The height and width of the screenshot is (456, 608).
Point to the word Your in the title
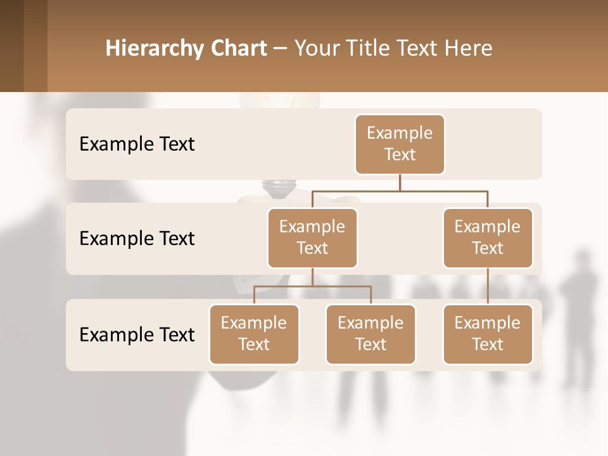pyautogui.click(x=318, y=48)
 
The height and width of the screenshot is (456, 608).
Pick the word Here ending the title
pyautogui.click(x=469, y=48)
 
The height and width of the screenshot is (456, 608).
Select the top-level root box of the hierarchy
pyautogui.click(x=400, y=144)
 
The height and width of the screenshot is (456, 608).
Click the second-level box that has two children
pyautogui.click(x=312, y=237)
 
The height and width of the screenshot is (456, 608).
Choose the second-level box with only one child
pyautogui.click(x=488, y=237)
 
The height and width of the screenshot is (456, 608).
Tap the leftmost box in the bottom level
pyautogui.click(x=254, y=334)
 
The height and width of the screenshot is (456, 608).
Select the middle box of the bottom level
pyautogui.click(x=370, y=334)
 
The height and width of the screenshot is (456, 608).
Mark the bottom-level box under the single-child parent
pyautogui.click(x=488, y=334)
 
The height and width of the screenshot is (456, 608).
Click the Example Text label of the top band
pyautogui.click(x=137, y=144)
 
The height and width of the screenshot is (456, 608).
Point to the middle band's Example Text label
pyautogui.click(x=137, y=238)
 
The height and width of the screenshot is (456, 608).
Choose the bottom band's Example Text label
pyautogui.click(x=137, y=334)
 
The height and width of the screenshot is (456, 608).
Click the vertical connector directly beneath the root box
pyautogui.click(x=400, y=182)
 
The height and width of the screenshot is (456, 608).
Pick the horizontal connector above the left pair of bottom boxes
pyautogui.click(x=312, y=286)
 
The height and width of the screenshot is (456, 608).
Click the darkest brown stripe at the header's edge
pyautogui.click(x=11, y=46)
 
